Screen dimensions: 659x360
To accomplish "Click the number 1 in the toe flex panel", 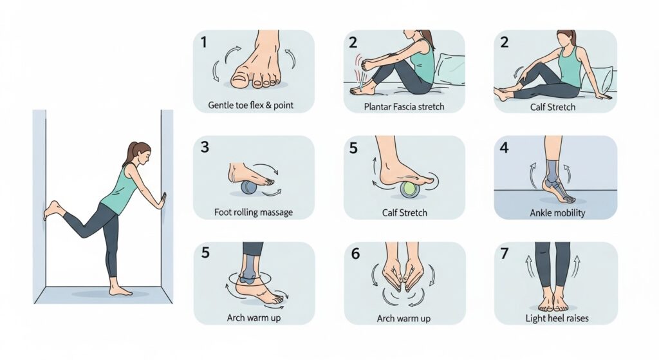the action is pyautogui.click(x=204, y=42).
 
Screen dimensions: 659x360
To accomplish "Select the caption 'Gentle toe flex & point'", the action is pyautogui.click(x=251, y=105).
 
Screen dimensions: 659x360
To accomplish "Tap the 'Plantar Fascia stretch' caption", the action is pyautogui.click(x=404, y=106).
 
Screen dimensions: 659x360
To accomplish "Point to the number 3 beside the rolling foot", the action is pyautogui.click(x=205, y=147).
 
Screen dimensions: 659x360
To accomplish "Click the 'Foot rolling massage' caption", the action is pyautogui.click(x=254, y=212).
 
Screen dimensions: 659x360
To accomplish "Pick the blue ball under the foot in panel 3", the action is pyautogui.click(x=248, y=187).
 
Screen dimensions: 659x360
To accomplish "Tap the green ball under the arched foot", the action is pyautogui.click(x=409, y=190).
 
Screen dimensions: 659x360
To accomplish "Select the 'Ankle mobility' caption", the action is pyautogui.click(x=557, y=213).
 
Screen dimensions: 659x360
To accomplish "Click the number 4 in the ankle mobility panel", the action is pyautogui.click(x=504, y=147).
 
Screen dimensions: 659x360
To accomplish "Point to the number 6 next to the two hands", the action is pyautogui.click(x=355, y=253).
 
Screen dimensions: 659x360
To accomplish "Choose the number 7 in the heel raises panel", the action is pyautogui.click(x=505, y=253).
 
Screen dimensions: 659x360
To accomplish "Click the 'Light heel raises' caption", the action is pyautogui.click(x=557, y=318).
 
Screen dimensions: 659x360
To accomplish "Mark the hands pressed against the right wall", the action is pyautogui.click(x=162, y=201).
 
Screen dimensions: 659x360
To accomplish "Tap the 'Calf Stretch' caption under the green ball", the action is pyautogui.click(x=404, y=213).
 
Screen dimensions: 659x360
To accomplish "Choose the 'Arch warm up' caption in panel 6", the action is pyautogui.click(x=404, y=318).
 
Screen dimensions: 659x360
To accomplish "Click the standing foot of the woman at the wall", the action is pyautogui.click(x=120, y=290).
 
